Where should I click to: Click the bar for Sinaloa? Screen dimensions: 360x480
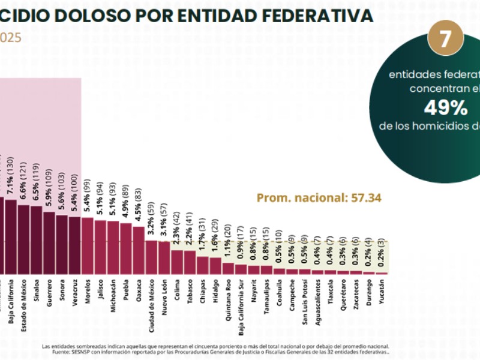(x=37, y=240)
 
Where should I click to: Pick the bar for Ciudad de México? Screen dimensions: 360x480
(x=151, y=257)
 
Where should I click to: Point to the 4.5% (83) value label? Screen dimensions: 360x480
(x=139, y=205)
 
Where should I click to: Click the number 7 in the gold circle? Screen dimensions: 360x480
(x=445, y=39)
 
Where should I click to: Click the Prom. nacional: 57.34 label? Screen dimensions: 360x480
(x=319, y=197)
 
